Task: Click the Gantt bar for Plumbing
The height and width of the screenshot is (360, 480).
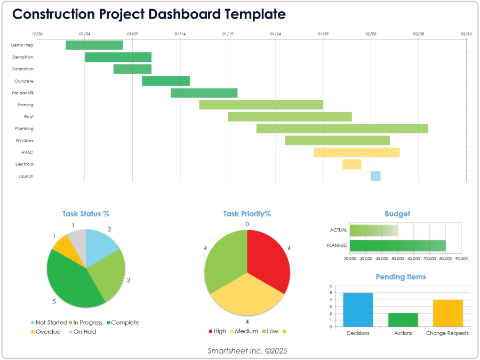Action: click(x=342, y=129)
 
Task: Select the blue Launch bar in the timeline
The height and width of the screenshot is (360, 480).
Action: click(x=375, y=176)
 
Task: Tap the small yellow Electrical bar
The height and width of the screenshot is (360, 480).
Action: click(x=351, y=164)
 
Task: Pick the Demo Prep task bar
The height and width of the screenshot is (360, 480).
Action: click(x=94, y=45)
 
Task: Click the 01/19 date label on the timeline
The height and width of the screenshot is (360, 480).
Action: click(x=228, y=34)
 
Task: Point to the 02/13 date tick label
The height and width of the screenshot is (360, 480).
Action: click(x=466, y=34)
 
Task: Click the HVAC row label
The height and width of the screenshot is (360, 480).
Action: click(x=27, y=152)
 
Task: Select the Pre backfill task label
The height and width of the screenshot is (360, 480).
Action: click(x=23, y=93)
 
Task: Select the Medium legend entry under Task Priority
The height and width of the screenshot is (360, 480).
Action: click(x=244, y=331)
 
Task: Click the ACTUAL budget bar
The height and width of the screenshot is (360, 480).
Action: click(x=373, y=230)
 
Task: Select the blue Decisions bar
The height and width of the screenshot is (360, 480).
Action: click(x=358, y=309)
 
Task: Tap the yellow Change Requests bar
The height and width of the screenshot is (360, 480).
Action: click(x=447, y=313)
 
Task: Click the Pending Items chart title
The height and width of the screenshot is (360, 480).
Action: click(x=401, y=277)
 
